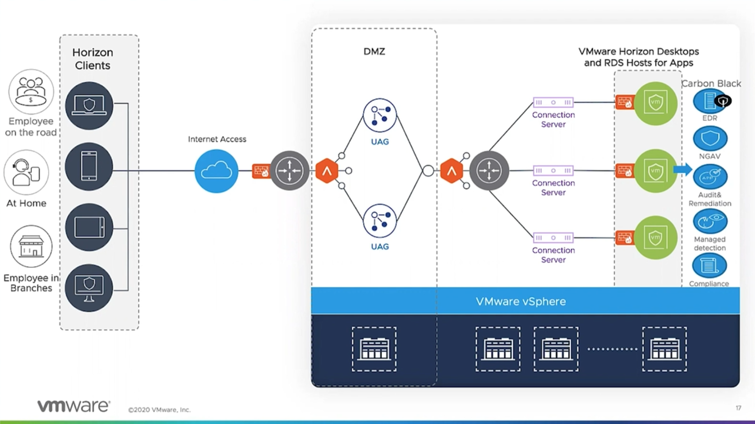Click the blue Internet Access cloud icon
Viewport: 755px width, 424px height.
(x=216, y=171)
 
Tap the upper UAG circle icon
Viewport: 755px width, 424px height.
(x=380, y=115)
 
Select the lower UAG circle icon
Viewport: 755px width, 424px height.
(x=380, y=220)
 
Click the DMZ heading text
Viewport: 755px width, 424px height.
(x=374, y=51)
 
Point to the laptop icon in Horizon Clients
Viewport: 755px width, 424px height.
(x=89, y=106)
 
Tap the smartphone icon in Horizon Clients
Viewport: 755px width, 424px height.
(x=89, y=166)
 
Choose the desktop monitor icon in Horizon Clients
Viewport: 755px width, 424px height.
(x=89, y=288)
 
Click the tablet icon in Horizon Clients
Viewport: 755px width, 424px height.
(x=89, y=227)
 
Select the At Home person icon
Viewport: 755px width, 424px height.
(x=26, y=172)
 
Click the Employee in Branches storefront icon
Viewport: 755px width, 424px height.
(x=31, y=247)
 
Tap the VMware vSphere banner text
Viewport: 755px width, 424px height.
(x=520, y=301)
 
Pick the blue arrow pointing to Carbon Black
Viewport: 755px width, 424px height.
(x=682, y=169)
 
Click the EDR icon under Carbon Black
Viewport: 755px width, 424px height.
(x=710, y=101)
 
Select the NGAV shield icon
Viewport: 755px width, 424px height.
(x=710, y=138)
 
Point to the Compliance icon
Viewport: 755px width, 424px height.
(x=709, y=266)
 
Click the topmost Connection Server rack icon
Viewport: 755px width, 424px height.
(x=553, y=102)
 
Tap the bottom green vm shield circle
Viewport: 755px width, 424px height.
(x=656, y=237)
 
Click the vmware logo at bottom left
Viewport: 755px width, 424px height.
(x=74, y=405)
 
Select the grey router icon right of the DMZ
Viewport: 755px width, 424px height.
(x=489, y=170)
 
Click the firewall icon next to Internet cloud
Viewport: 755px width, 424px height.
(x=261, y=171)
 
